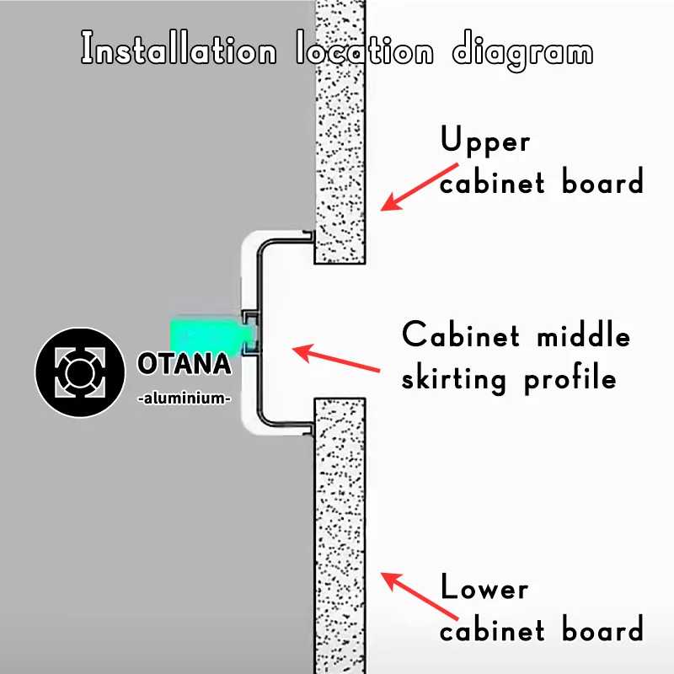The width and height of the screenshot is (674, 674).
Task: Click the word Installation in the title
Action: point(178,51)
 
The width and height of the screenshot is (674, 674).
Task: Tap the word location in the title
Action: point(365,51)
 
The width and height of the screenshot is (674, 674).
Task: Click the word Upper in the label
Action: point(485,142)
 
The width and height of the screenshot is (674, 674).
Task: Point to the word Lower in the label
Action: point(484,587)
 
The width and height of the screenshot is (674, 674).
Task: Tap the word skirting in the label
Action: point(454,379)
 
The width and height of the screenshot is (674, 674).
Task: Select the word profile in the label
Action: point(570,379)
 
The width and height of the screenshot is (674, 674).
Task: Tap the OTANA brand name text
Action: point(183,365)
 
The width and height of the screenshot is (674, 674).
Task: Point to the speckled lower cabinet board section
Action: point(340,539)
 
